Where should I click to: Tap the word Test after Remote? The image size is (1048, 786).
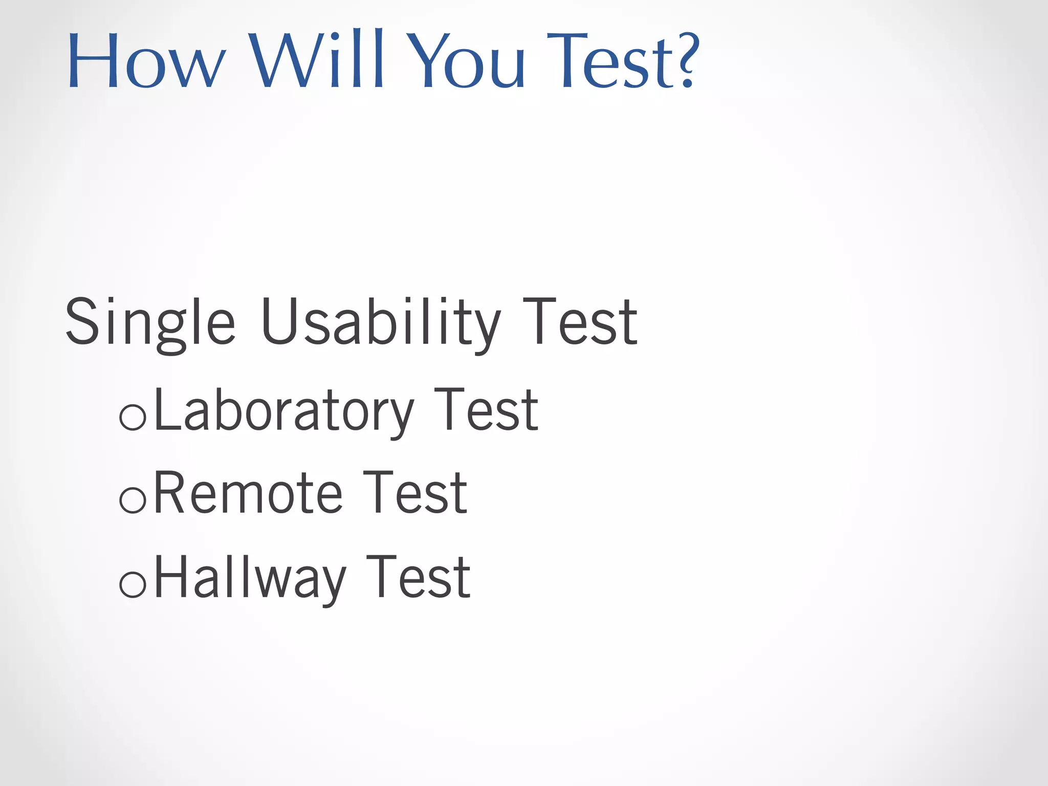point(415,493)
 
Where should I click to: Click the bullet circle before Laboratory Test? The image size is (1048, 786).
point(133,417)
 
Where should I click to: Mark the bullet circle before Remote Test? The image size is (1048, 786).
point(133,500)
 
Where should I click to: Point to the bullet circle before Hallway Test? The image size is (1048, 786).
point(133,584)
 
